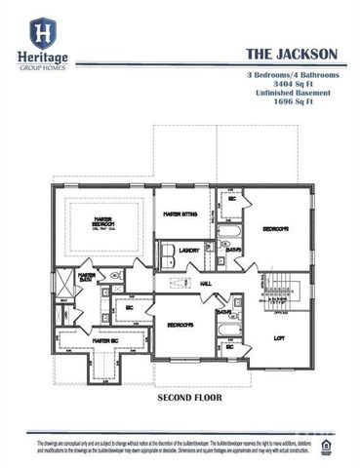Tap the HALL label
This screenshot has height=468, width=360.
pyautogui.click(x=206, y=284)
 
